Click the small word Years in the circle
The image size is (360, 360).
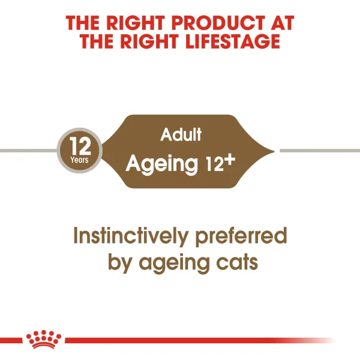pos(79,160)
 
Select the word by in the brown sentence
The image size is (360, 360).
pos(122,262)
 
